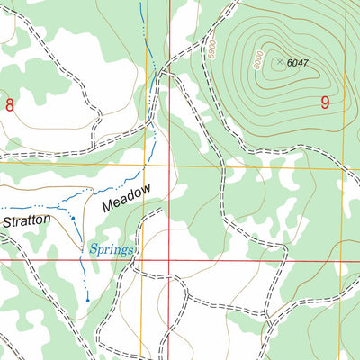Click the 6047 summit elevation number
(297, 63)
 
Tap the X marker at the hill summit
(280, 62)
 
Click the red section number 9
(325, 103)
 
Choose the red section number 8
(10, 104)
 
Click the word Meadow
(126, 197)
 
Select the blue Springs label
(111, 248)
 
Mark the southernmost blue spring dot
(87, 299)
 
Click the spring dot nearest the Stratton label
(72, 218)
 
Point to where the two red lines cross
(170, 260)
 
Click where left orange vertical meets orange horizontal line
(145, 166)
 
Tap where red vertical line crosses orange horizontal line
(170, 166)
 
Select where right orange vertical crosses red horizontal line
(340, 260)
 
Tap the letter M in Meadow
(107, 206)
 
